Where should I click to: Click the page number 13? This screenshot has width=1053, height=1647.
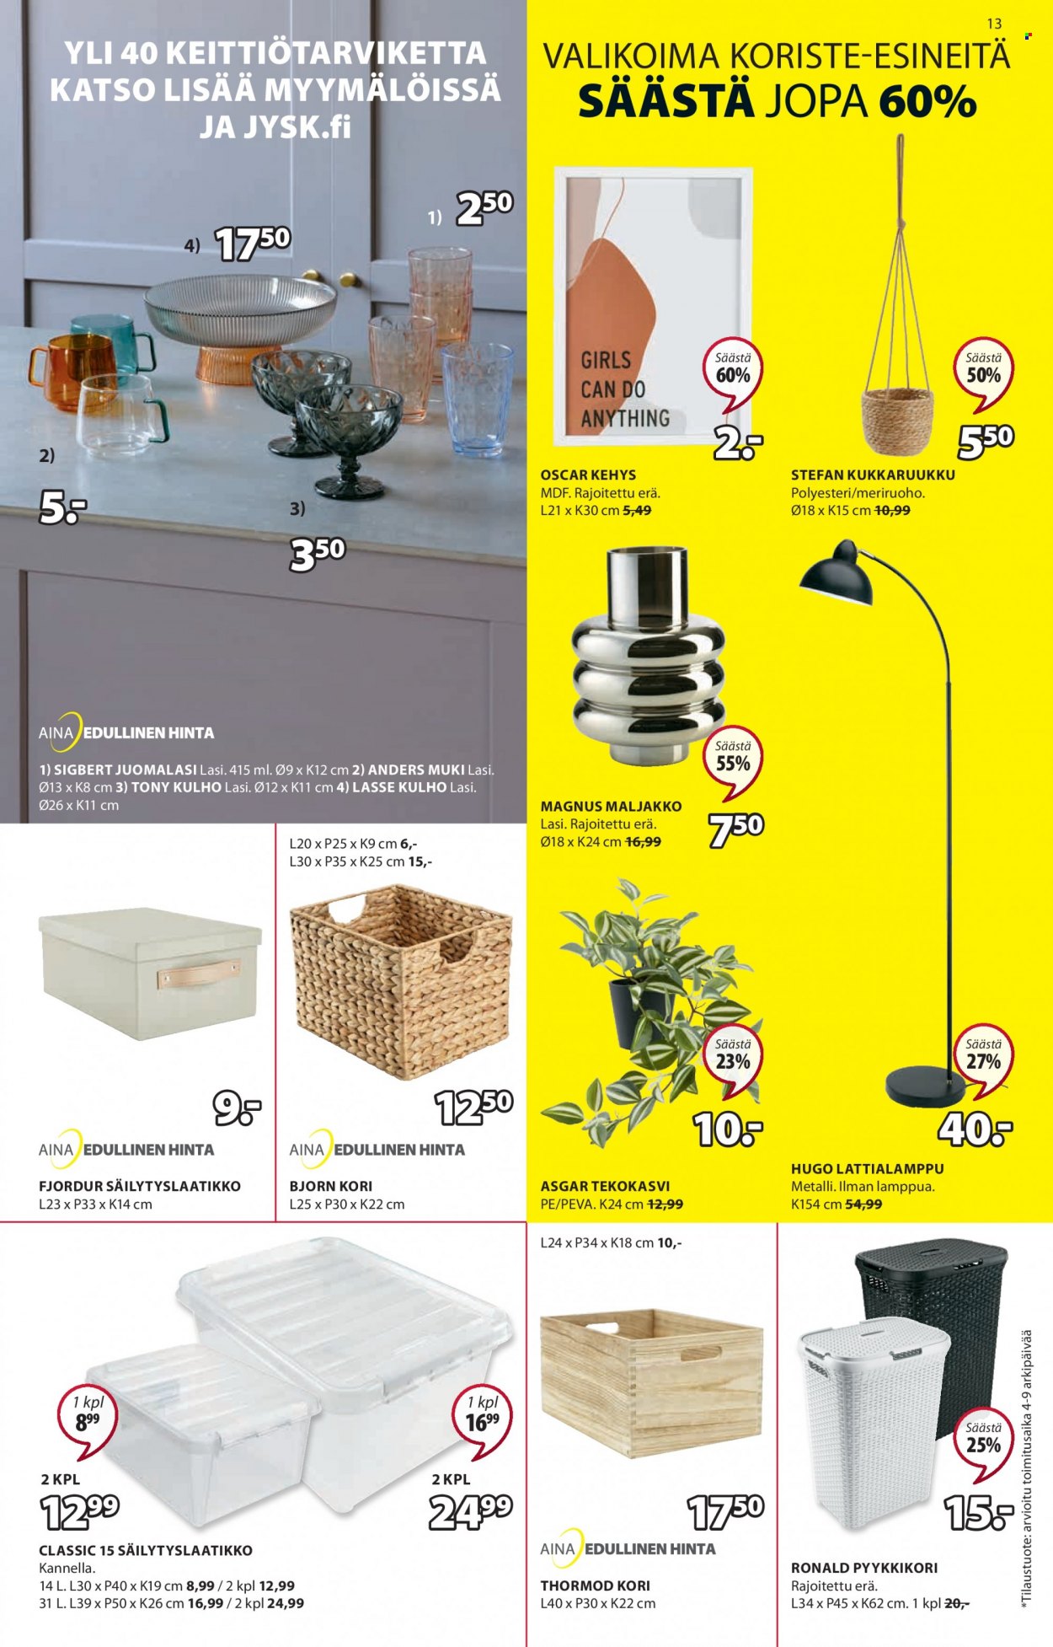pyautogui.click(x=994, y=24)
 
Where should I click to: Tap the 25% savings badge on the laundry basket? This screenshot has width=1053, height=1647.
pyautogui.click(x=983, y=1442)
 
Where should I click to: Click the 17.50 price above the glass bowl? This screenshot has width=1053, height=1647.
pyautogui.click(x=253, y=244)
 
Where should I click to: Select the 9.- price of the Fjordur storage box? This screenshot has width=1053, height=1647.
pyautogui.click(x=237, y=1108)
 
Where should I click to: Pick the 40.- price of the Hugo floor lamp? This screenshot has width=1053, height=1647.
pyautogui.click(x=975, y=1129)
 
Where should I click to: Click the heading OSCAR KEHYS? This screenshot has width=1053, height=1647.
pyautogui.click(x=588, y=475)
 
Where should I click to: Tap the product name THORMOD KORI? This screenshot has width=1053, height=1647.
pyautogui.click(x=596, y=1585)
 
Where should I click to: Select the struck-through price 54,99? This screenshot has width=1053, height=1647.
pyautogui.click(x=863, y=1204)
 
